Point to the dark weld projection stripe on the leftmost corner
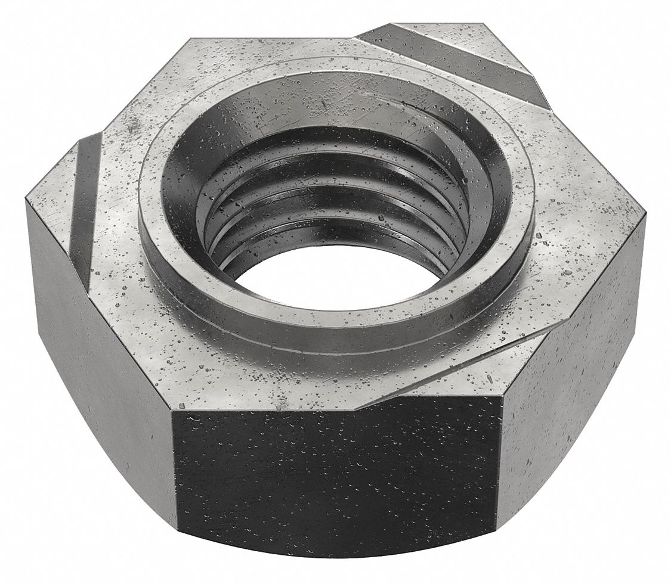pyautogui.click(x=84, y=197)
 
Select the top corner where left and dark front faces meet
pyautogui.click(x=173, y=411)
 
